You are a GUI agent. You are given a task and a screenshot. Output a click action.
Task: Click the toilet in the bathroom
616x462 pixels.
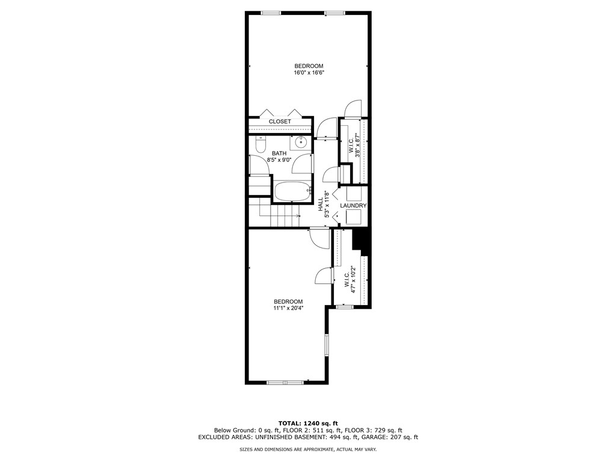(260, 145)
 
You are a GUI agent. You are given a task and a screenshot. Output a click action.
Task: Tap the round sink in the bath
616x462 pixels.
(301, 142)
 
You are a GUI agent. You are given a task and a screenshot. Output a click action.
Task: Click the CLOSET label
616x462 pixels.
(280, 122)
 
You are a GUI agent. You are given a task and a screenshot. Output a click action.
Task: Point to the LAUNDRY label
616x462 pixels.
(353, 206)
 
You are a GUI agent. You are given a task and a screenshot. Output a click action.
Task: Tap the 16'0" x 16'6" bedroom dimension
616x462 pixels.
(309, 73)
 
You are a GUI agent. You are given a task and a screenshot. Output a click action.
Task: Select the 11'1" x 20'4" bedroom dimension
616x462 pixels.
(288, 309)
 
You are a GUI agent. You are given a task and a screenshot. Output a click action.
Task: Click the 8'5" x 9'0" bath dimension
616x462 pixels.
(279, 160)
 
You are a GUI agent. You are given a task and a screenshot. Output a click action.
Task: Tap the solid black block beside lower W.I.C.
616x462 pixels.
(362, 241)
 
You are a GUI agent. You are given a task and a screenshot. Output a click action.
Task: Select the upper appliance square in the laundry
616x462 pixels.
(354, 194)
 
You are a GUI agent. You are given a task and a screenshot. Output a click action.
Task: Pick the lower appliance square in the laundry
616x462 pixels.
(354, 217)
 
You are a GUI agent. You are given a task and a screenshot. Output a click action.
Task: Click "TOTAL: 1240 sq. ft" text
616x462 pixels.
(308, 423)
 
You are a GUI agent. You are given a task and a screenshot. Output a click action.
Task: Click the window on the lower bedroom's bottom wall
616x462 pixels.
(286, 382)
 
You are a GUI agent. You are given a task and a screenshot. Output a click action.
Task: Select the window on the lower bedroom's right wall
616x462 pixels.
(326, 345)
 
